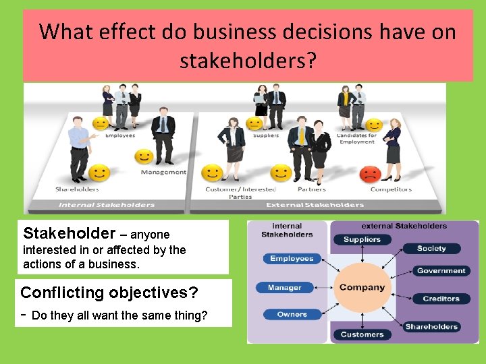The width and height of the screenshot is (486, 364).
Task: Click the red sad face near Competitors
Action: click(x=370, y=174)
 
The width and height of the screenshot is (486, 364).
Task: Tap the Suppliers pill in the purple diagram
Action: click(x=362, y=239)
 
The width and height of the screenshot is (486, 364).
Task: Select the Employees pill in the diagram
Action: click(x=292, y=259)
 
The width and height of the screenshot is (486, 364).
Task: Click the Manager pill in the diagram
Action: click(x=284, y=288)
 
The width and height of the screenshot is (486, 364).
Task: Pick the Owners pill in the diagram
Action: click(x=292, y=314)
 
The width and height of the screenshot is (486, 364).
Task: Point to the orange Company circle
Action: click(x=362, y=287)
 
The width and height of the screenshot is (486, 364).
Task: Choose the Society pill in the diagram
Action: click(x=431, y=248)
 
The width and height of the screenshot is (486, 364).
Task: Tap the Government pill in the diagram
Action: click(x=441, y=271)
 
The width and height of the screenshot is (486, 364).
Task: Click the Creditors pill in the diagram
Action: click(x=441, y=299)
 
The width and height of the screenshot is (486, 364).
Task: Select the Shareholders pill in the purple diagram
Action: click(x=431, y=327)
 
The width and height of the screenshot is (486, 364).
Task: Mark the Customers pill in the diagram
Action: click(x=362, y=334)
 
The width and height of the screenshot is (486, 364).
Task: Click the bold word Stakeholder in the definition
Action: click(x=69, y=234)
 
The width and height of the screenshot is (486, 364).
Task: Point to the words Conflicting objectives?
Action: click(x=109, y=293)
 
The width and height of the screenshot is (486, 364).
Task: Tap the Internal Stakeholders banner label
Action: click(x=107, y=205)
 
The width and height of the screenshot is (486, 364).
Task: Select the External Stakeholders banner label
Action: click(x=315, y=205)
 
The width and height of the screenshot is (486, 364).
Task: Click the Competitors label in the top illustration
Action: click(x=391, y=189)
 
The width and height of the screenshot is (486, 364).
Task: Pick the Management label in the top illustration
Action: click(x=163, y=172)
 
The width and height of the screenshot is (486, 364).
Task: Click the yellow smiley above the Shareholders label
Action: click(x=99, y=173)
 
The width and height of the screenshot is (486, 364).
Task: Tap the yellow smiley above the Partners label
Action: click(x=280, y=173)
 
